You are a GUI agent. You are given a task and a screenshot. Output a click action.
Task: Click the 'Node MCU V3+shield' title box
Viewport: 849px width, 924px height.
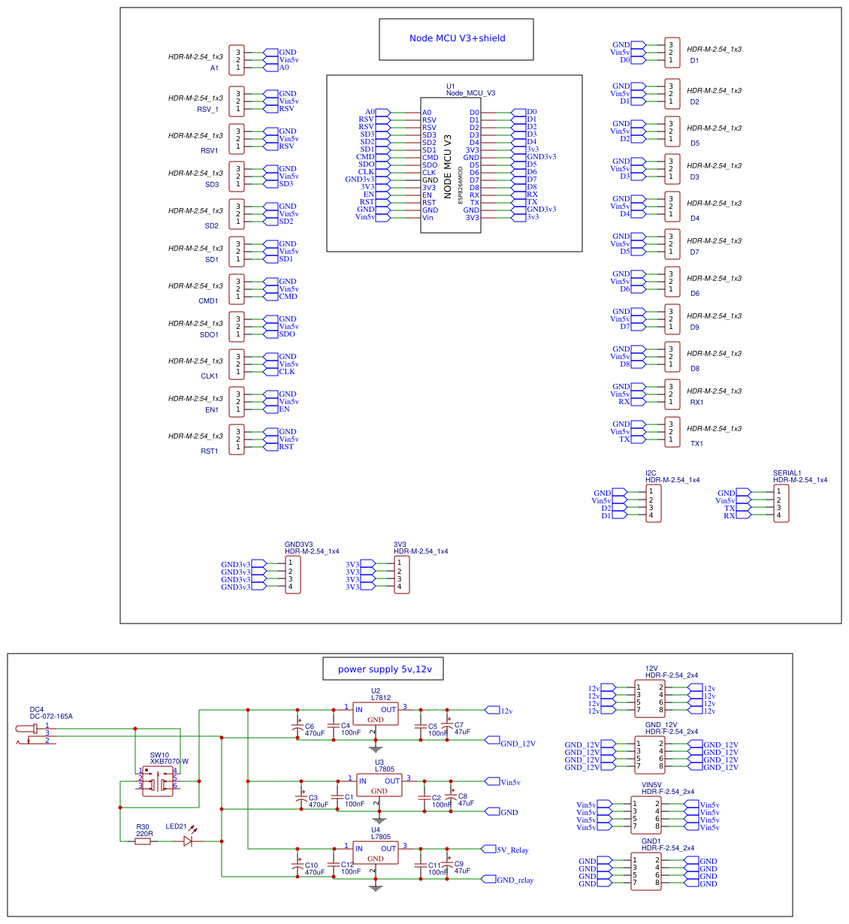(456, 39)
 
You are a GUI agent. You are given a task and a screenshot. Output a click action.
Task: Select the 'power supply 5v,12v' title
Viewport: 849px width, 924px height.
(384, 669)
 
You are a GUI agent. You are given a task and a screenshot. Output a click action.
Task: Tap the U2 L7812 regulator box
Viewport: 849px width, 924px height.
(376, 714)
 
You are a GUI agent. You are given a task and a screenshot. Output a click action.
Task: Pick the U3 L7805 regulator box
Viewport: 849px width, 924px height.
(379, 786)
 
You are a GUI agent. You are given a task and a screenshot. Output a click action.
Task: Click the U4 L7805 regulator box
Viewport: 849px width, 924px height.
(376, 853)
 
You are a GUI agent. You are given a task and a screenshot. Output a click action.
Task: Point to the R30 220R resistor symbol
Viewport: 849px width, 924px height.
(143, 841)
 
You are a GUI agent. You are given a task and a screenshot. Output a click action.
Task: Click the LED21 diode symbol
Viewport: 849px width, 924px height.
(188, 841)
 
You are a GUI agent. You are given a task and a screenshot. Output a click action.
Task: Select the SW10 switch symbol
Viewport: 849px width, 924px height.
(158, 781)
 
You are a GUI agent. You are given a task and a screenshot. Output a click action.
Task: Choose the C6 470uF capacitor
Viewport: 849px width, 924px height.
(298, 728)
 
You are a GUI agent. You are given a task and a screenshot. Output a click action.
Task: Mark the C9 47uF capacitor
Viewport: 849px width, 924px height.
(448, 866)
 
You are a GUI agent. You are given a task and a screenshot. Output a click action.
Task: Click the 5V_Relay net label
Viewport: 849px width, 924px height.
(512, 850)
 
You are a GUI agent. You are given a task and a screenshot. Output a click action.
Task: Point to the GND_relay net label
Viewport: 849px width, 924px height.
(515, 880)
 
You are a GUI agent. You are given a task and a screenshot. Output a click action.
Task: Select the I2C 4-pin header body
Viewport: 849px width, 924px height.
(654, 503)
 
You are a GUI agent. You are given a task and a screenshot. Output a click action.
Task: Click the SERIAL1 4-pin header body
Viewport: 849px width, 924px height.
(781, 503)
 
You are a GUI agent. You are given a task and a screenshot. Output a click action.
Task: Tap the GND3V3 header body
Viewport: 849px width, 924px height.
(293, 575)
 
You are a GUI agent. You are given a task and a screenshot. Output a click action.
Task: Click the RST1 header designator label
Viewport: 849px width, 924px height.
(209, 451)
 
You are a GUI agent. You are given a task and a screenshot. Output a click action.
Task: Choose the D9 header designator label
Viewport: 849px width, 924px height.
(694, 328)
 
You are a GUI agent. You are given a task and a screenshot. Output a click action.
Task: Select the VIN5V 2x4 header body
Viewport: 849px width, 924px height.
(646, 815)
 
